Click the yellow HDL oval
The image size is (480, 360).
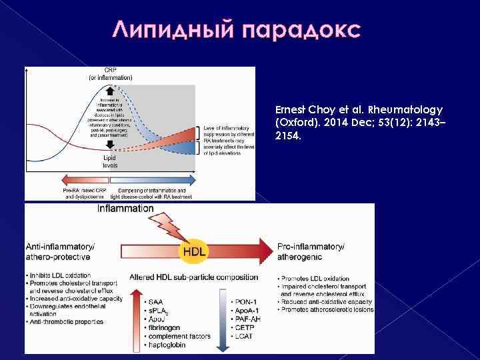pyautogui.click(x=194, y=251)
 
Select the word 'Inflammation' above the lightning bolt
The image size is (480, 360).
pyautogui.click(x=125, y=209)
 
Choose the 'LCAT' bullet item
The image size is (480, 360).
pyautogui.click(x=242, y=337)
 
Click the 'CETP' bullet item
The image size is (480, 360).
pyautogui.click(x=242, y=328)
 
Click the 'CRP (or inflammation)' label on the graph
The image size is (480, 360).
pyautogui.click(x=110, y=74)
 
